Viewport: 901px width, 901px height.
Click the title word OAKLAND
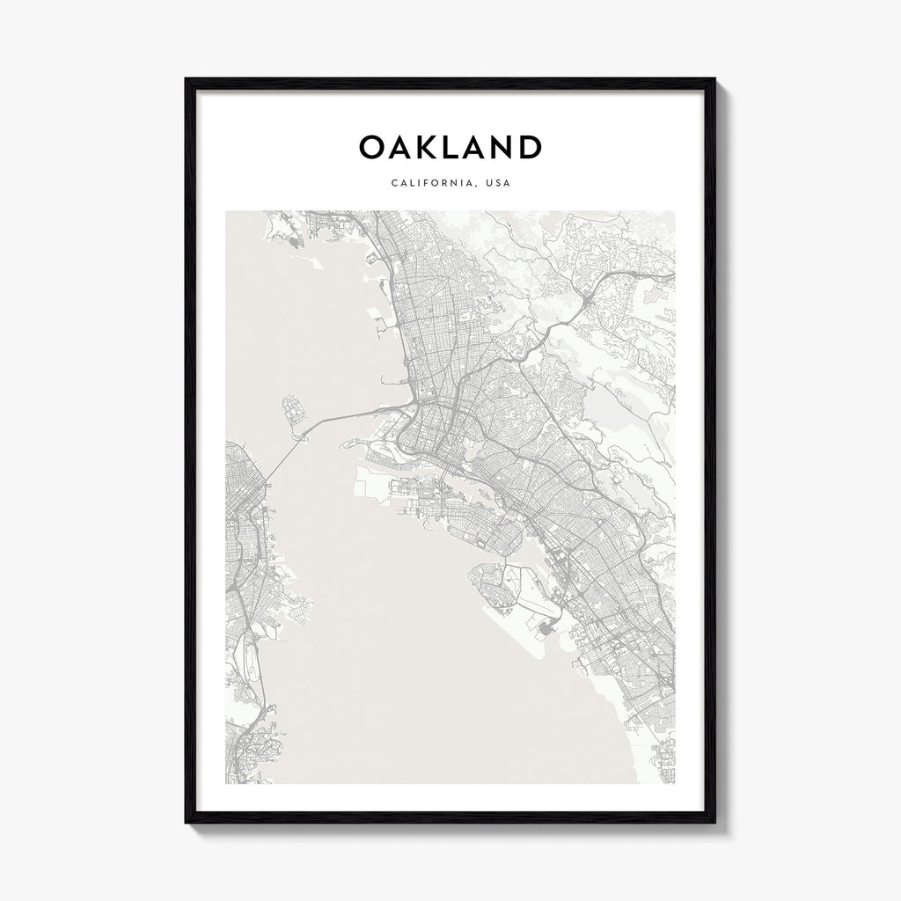tap(450, 147)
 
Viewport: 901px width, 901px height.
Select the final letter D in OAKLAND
tap(528, 147)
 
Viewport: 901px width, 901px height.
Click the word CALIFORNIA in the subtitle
tap(423, 184)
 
